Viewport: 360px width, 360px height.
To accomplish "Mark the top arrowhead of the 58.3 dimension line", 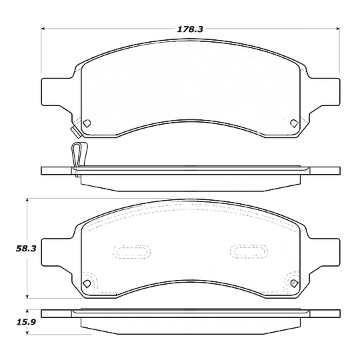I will tap(27, 200).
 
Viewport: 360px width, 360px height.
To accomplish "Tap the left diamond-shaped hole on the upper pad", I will tap(87, 123).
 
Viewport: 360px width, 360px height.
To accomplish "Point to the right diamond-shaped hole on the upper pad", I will tap(295, 123).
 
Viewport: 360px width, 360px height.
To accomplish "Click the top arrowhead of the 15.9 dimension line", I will tap(27, 311).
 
